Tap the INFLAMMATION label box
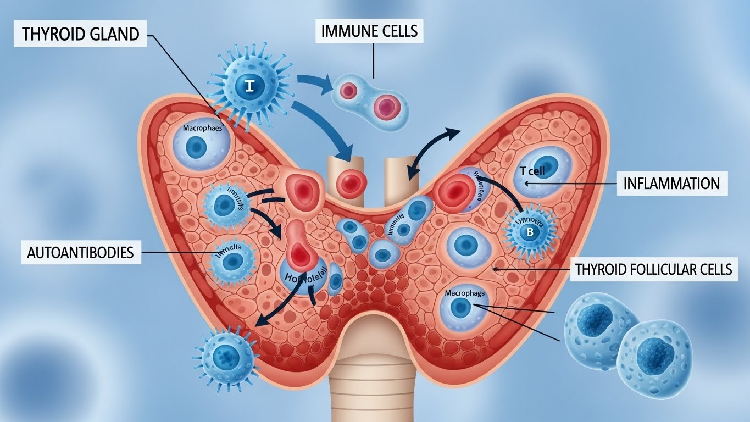pyautogui.click(x=671, y=183)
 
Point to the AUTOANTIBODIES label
pyautogui.click(x=80, y=253)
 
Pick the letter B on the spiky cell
pyautogui.click(x=530, y=231)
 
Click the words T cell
pyautogui.click(x=532, y=171)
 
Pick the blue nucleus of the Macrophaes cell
pyautogui.click(x=196, y=148)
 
